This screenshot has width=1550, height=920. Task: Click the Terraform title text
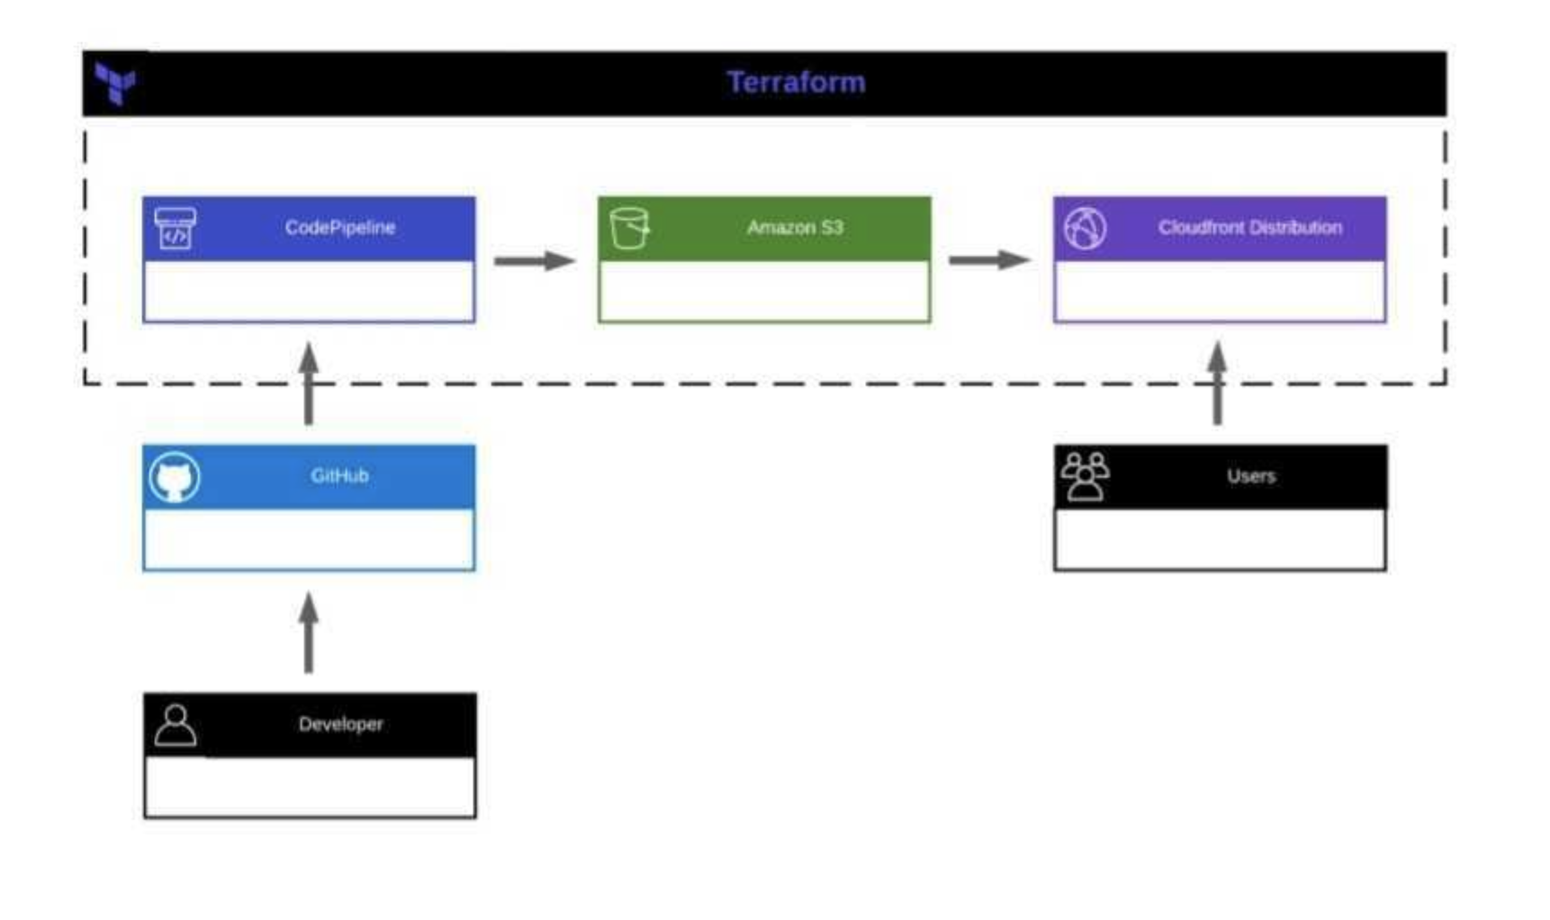[x=796, y=83]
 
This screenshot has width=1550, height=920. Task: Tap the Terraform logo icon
[x=114, y=84]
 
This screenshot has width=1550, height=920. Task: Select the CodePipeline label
[x=340, y=228]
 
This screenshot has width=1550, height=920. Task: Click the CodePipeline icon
[x=175, y=228]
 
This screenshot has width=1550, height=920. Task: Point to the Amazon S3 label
[x=795, y=228]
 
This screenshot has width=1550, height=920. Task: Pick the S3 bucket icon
[x=629, y=228]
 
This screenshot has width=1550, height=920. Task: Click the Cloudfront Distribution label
[x=1249, y=228]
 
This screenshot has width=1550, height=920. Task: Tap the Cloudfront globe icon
[x=1086, y=228]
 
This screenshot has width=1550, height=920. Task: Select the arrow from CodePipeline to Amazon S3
[x=534, y=261]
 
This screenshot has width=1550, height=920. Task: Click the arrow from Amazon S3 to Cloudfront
[x=989, y=261]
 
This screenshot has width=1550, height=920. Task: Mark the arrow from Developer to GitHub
[x=309, y=633]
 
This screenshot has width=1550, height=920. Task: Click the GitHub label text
[x=339, y=476]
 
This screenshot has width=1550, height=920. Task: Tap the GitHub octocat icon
[x=175, y=477]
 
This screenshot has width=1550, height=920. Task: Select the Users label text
[x=1250, y=476]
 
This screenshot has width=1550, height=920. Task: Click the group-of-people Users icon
[x=1085, y=476]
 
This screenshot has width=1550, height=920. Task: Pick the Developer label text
[x=340, y=725]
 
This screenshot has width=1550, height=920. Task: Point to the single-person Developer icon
[x=175, y=725]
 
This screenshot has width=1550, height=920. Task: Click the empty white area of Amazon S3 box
[x=764, y=291]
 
